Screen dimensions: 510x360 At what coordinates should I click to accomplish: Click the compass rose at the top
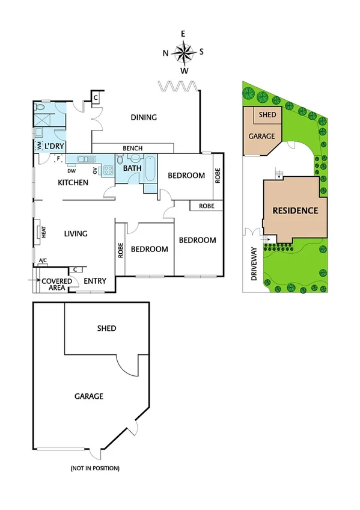[x=184, y=52]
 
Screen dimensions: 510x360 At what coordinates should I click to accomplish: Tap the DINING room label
[x=144, y=117]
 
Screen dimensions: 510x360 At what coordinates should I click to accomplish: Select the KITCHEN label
[x=73, y=182]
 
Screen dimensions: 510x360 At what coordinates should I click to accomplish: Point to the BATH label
[x=132, y=169]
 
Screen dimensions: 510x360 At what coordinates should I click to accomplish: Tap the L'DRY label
[x=54, y=146]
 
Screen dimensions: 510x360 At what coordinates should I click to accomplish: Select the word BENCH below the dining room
[x=132, y=148]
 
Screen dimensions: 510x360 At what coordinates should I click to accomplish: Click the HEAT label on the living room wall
[x=43, y=232]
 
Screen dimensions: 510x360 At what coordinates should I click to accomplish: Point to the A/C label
[x=43, y=261]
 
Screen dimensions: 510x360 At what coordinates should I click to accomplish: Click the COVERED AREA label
[x=56, y=284]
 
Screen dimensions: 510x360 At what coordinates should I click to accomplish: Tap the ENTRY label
[x=95, y=281]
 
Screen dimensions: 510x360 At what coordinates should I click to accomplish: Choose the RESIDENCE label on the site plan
[x=295, y=210]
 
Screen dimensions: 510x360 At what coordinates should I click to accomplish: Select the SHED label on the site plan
[x=267, y=115]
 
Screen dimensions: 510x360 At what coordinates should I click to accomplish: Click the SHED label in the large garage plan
[x=106, y=328]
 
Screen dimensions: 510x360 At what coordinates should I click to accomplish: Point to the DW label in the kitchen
[x=71, y=171]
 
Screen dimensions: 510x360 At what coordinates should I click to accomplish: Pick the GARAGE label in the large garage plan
[x=89, y=396]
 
